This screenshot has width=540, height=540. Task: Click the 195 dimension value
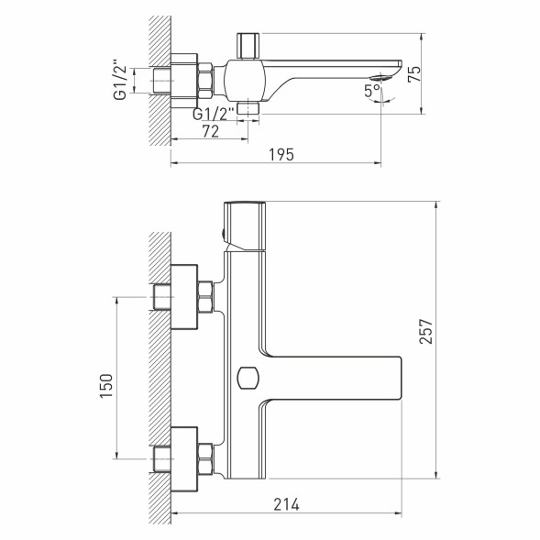[281, 155]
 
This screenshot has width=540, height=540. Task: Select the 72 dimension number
[210, 129]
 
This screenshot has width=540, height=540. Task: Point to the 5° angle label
[369, 91]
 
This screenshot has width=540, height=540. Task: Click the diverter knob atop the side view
[248, 44]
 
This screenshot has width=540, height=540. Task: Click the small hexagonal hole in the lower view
[246, 376]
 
